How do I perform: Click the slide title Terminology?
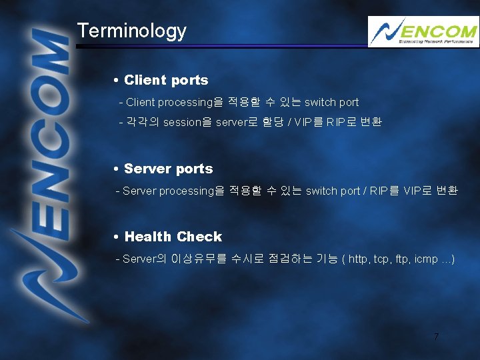pos(131,31)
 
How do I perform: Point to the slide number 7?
pos(436,337)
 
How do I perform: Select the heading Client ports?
pos(166,80)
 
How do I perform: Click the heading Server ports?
pos(168,169)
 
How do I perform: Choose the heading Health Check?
pos(173,237)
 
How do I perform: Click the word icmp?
pos(425,259)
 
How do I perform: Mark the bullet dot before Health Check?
pos(117,237)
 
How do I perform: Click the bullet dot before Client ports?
pos(117,81)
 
